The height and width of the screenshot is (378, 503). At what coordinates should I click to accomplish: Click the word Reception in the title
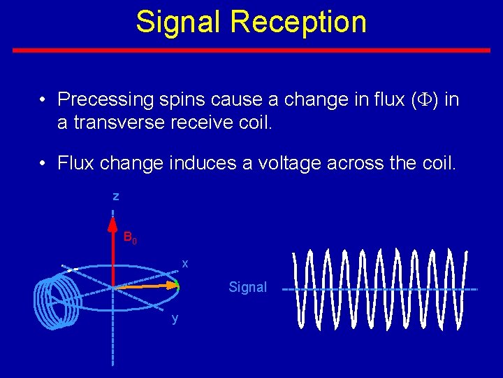[298, 22]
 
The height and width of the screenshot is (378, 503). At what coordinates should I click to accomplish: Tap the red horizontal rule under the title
[251, 50]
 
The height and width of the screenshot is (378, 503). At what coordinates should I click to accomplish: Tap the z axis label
[116, 197]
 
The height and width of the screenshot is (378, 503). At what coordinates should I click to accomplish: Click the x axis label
[185, 263]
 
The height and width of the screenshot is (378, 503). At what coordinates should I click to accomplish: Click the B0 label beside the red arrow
[130, 237]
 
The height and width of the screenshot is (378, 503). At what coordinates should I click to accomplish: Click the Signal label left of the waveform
[248, 287]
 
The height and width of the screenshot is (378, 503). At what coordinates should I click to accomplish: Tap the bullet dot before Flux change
[43, 164]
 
